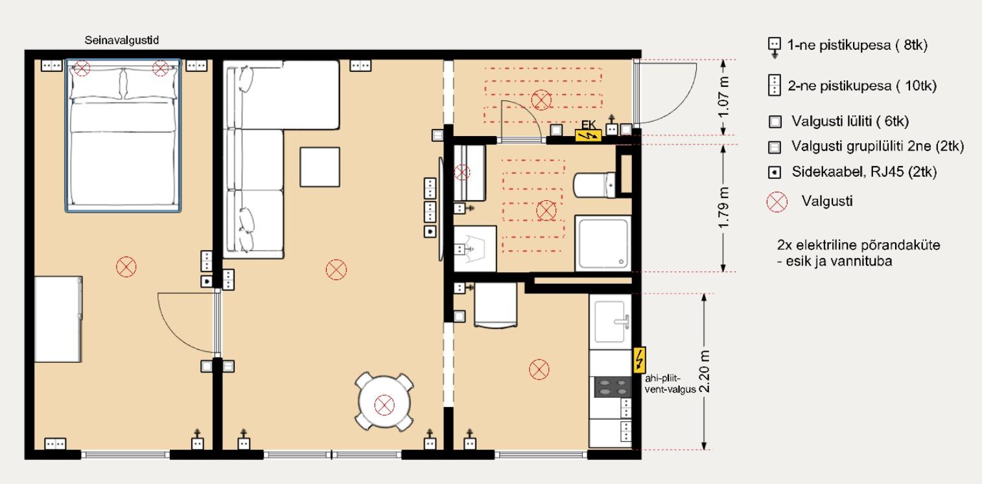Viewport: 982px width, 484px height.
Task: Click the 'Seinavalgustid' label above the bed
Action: pos(121,40)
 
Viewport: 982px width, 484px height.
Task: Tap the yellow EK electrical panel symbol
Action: pos(588,135)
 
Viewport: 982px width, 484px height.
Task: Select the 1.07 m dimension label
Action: pos(723,97)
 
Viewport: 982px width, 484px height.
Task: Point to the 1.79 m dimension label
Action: pos(723,208)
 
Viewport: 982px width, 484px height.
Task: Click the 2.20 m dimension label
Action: pos(704,372)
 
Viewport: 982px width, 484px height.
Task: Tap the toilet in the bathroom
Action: pos(594,185)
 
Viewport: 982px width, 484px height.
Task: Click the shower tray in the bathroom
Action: pos(603,243)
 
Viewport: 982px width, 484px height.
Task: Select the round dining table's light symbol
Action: pos(384,405)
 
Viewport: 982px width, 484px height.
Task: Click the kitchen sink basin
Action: pos(610,322)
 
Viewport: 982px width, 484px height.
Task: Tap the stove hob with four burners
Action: pos(613,387)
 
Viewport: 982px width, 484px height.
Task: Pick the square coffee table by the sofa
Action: pos(320,167)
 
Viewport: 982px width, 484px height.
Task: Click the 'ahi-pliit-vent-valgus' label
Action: pos(670,384)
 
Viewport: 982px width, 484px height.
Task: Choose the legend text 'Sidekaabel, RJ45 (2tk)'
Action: pos(864,172)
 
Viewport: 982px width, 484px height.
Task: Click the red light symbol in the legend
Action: pos(777,202)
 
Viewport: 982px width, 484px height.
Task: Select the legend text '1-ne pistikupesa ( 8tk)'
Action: pos(857,45)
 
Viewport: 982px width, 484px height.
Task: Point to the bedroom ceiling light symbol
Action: pos(126,267)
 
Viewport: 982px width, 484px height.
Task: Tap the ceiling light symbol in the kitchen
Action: pos(539,369)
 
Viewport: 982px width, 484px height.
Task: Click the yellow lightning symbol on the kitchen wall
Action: pos(640,360)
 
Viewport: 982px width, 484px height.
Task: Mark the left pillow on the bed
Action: pos(95,84)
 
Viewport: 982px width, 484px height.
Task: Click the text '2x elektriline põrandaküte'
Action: pos(858,245)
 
